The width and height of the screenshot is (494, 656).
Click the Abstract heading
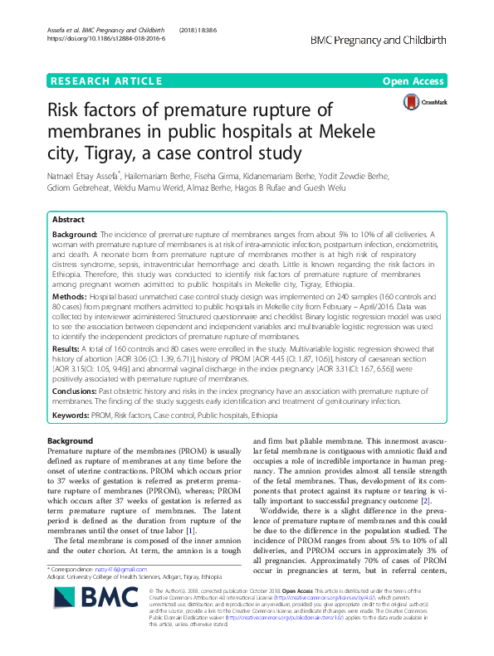coord(68,220)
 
